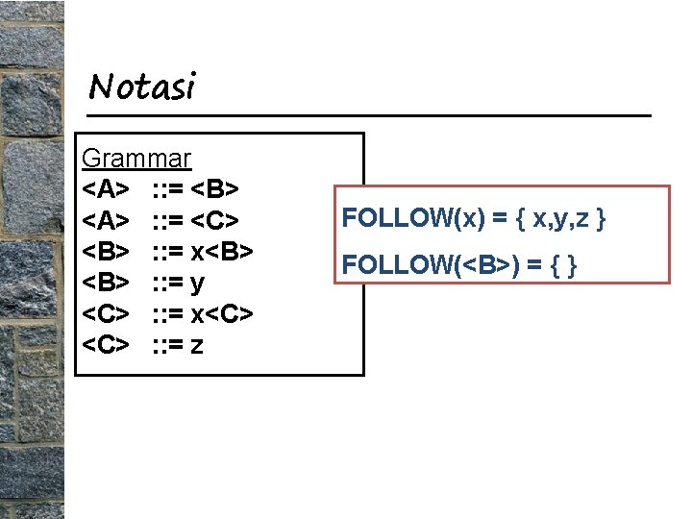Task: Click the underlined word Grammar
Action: click(136, 158)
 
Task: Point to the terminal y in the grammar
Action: click(198, 284)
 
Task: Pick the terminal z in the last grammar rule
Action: click(197, 344)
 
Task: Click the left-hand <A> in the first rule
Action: click(106, 189)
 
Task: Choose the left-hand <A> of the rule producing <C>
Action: click(106, 220)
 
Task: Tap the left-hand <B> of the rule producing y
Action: click(106, 283)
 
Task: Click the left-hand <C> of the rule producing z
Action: click(106, 344)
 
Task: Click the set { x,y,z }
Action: click(560, 218)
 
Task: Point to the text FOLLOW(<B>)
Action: click(417, 263)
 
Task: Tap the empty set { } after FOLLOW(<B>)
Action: click(557, 263)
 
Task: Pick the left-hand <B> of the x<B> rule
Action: click(106, 251)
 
